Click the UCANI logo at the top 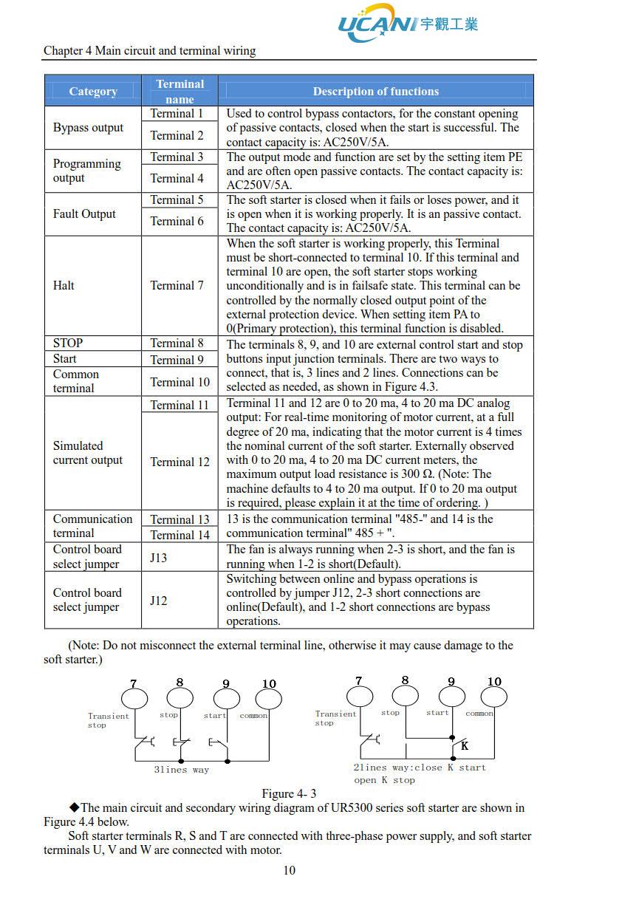pyautogui.click(x=407, y=23)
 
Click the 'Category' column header pyautogui.click(x=93, y=91)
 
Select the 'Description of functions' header pyautogui.click(x=375, y=91)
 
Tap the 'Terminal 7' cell pyautogui.click(x=177, y=285)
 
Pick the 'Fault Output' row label pyautogui.click(x=84, y=214)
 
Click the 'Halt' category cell pyautogui.click(x=64, y=285)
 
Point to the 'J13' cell pyautogui.click(x=159, y=557)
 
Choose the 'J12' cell pyautogui.click(x=159, y=600)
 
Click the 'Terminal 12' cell pyautogui.click(x=180, y=462)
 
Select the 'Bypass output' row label pyautogui.click(x=88, y=128)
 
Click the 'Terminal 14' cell pyautogui.click(x=180, y=535)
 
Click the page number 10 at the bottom pyautogui.click(x=290, y=870)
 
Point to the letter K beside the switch pyautogui.click(x=465, y=746)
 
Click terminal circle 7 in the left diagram pyautogui.click(x=134, y=698)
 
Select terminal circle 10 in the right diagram pyautogui.click(x=494, y=697)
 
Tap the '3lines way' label pyautogui.click(x=182, y=770)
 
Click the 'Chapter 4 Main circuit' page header pyautogui.click(x=149, y=51)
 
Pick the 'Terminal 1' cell pyautogui.click(x=177, y=114)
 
